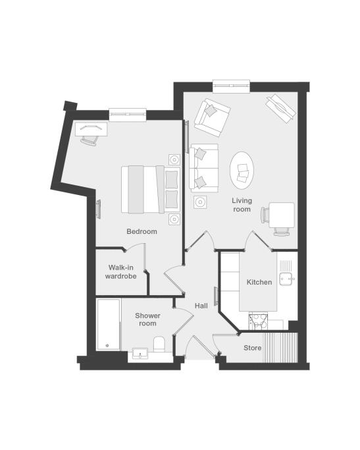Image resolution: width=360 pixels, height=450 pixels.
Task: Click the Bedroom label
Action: click(x=141, y=231)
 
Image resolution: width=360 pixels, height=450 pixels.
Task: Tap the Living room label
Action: click(x=242, y=205)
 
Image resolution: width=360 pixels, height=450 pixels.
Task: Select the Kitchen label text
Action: click(x=259, y=282)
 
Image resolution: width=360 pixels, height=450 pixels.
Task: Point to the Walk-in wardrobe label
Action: click(x=120, y=272)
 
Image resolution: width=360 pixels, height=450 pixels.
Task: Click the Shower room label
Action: click(x=147, y=320)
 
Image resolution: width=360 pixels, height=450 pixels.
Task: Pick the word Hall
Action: click(x=201, y=306)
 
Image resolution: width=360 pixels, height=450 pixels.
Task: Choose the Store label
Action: click(x=253, y=348)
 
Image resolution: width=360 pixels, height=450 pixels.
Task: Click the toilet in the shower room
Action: click(x=159, y=344)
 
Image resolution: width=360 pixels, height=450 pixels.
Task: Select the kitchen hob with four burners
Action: click(x=258, y=322)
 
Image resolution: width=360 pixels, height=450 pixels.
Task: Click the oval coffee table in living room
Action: click(x=242, y=171)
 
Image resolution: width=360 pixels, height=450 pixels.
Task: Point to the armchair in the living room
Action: click(x=212, y=118)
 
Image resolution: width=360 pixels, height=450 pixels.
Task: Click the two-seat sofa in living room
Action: click(x=204, y=168)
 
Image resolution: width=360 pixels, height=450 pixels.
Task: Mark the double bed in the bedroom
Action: click(x=151, y=189)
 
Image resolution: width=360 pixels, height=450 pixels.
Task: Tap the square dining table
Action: click(x=282, y=215)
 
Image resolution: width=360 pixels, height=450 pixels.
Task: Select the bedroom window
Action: click(x=128, y=115)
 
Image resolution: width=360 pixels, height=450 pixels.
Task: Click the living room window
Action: click(x=231, y=86)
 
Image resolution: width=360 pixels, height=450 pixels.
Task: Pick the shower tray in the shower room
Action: click(x=109, y=325)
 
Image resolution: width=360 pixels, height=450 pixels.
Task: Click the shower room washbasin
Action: click(x=140, y=354)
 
